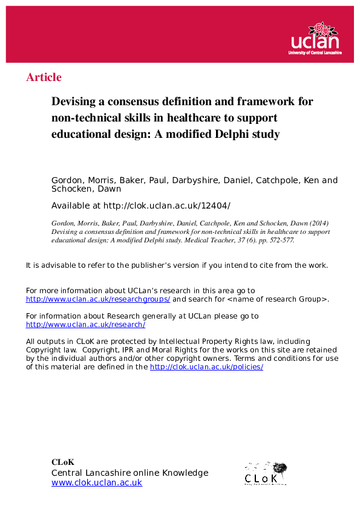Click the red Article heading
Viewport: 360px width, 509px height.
[44, 77]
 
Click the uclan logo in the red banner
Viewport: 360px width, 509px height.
[316, 39]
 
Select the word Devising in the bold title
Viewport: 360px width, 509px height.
[75, 102]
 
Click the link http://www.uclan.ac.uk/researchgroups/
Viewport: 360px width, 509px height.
[98, 299]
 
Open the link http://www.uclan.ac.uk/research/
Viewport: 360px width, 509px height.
[85, 325]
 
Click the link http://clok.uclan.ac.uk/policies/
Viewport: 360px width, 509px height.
[206, 367]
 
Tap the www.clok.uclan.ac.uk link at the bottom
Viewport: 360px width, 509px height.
[96, 482]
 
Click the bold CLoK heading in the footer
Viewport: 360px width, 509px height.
[63, 462]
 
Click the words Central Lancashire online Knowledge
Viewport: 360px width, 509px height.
[129, 473]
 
